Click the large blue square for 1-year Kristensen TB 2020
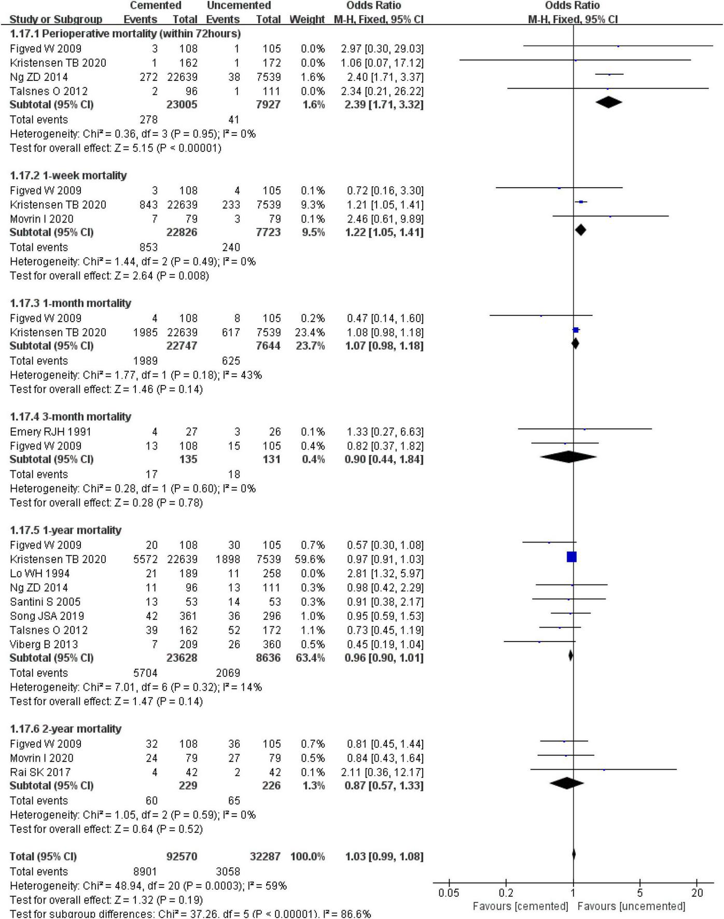tap(572, 557)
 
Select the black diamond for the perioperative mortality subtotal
tap(609, 103)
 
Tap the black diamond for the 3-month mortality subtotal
tap(568, 457)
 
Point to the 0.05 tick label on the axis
tap(449, 893)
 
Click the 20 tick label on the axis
tap(697, 893)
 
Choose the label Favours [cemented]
tap(520, 906)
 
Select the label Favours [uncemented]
tap(631, 906)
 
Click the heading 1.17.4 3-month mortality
tap(71, 416)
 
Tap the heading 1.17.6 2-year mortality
tap(65, 729)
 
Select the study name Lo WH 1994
tap(39, 574)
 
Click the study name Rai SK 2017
tap(40, 772)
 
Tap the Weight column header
tap(307, 19)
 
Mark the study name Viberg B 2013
tap(44, 645)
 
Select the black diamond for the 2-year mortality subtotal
tap(566, 783)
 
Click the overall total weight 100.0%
tap(308, 856)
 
